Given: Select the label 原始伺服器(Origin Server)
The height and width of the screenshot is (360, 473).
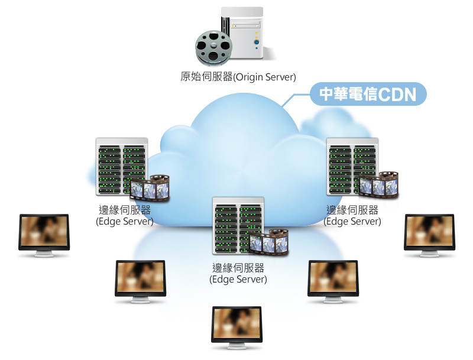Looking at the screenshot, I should coord(238,77).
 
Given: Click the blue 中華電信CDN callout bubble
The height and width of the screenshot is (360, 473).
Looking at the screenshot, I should coord(368,94).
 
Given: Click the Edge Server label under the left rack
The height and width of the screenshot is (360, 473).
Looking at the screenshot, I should coord(124,216).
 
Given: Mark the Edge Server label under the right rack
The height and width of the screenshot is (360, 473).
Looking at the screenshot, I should coord(352,216).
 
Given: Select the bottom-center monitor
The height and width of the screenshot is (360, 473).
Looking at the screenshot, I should coord(237,325).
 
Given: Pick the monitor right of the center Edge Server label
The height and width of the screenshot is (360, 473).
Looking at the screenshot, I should coord(333,278).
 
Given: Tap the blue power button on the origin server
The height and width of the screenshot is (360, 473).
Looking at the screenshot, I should coord(257,43).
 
